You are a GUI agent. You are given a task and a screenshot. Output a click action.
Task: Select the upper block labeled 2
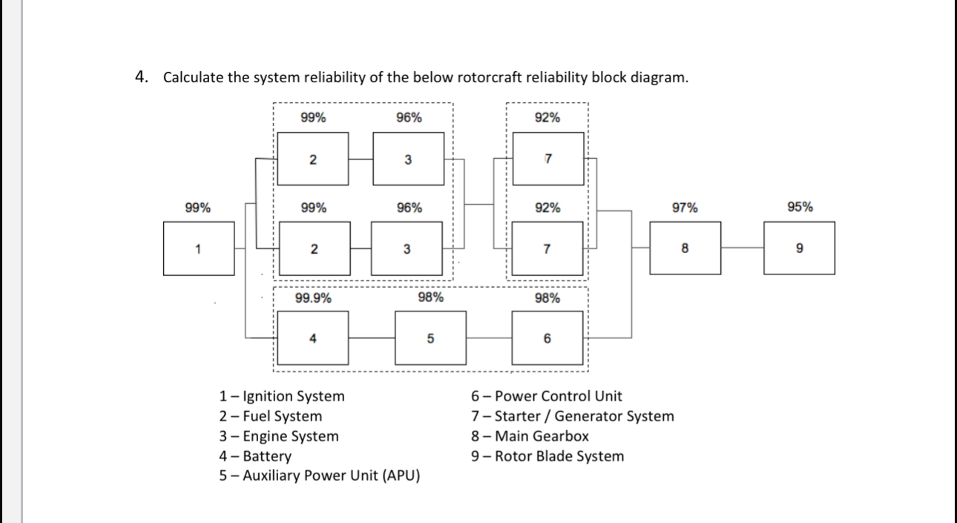tap(312, 159)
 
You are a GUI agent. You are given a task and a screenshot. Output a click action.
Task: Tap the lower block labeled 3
tap(407, 248)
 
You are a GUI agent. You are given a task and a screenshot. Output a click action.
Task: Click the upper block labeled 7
tap(547, 159)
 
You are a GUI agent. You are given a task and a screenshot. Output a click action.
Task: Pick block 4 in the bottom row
tap(312, 338)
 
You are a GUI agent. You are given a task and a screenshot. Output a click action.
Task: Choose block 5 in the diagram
tap(430, 338)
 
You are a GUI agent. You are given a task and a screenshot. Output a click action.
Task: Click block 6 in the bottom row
tap(547, 338)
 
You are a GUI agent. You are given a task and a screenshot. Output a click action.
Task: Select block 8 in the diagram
tap(684, 248)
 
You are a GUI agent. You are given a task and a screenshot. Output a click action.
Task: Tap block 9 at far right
tap(799, 248)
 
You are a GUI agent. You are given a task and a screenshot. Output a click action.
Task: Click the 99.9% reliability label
tap(313, 298)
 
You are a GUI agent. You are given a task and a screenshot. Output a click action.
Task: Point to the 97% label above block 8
tap(684, 208)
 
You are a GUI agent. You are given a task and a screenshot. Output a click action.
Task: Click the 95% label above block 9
tap(800, 208)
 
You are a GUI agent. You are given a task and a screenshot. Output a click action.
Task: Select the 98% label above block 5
tap(431, 298)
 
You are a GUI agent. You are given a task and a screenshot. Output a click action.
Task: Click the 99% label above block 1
tap(197, 208)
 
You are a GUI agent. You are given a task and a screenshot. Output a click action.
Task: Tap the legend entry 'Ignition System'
tap(282, 397)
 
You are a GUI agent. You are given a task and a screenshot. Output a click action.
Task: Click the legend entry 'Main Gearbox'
tap(530, 436)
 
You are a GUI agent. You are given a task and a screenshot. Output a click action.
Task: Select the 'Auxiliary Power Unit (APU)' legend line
tap(320, 476)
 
